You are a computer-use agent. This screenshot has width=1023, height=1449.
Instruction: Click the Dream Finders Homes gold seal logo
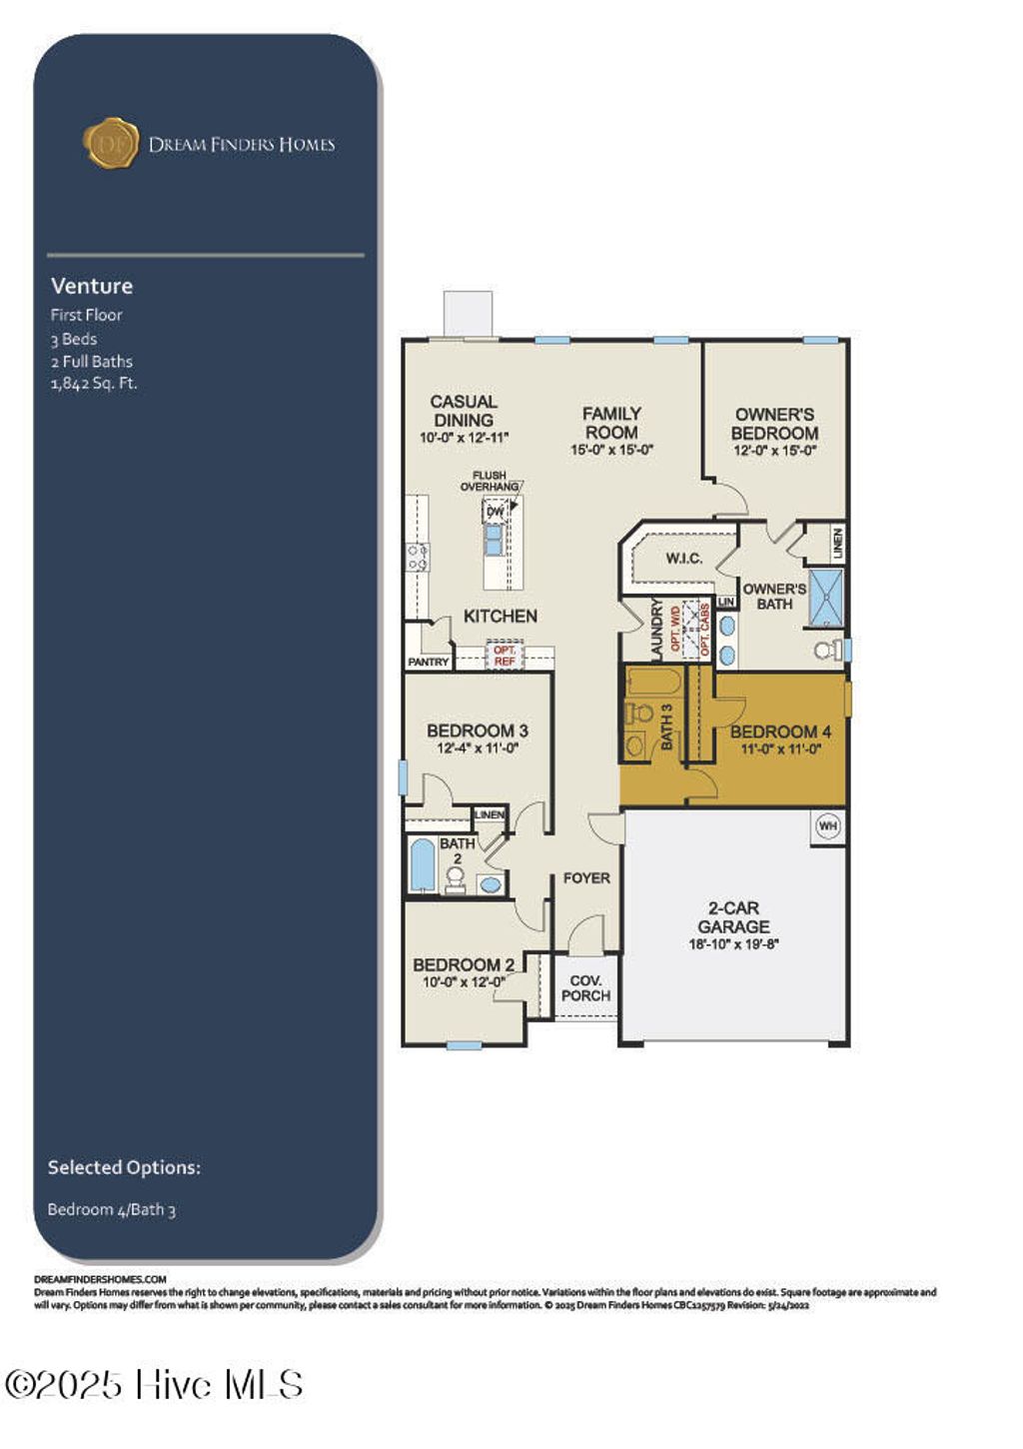click(110, 143)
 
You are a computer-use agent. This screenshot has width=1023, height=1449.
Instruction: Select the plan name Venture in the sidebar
click(92, 286)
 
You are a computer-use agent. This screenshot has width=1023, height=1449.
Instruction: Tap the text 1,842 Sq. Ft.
click(94, 384)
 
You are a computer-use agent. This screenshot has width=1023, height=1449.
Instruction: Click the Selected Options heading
click(124, 1167)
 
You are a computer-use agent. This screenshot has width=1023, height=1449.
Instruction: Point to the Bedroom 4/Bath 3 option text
click(111, 1210)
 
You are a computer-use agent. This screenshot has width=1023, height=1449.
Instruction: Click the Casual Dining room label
click(464, 411)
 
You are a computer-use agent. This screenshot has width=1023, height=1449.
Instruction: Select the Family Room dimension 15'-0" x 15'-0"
click(611, 451)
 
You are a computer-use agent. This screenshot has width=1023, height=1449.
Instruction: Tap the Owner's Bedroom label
click(774, 424)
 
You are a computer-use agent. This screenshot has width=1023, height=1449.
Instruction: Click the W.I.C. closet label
click(684, 559)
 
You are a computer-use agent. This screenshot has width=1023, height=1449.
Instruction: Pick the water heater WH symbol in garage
click(828, 825)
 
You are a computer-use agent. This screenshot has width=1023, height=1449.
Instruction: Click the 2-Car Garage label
click(733, 917)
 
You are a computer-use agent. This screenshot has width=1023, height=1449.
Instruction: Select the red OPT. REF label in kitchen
click(505, 657)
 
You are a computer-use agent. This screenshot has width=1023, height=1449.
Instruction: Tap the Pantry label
click(429, 663)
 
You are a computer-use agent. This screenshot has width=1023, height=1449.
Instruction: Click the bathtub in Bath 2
click(423, 864)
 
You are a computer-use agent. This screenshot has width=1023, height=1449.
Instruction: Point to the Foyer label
click(586, 878)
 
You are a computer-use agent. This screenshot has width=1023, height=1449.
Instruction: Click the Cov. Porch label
click(585, 988)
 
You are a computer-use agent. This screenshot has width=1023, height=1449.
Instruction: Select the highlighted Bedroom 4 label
click(780, 731)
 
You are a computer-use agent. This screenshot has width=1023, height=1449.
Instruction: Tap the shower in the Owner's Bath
click(825, 597)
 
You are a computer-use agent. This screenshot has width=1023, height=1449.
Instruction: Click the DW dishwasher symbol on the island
click(495, 513)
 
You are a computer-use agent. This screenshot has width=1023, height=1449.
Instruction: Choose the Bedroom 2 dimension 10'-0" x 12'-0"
click(464, 982)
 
